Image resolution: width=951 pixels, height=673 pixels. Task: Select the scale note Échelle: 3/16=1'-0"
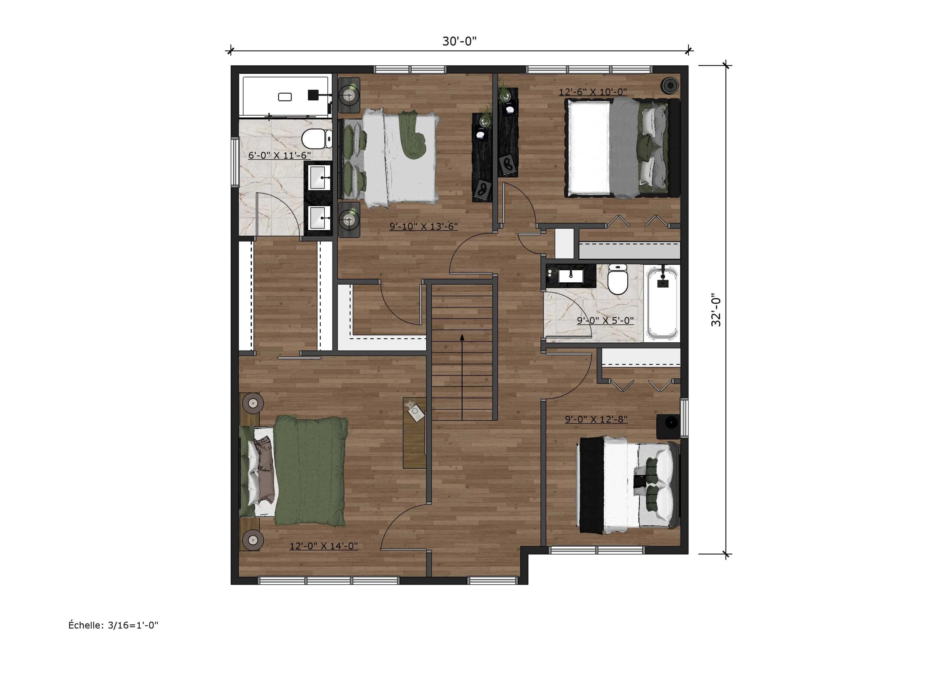point(113,625)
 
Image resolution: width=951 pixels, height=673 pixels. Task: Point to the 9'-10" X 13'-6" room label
point(423,226)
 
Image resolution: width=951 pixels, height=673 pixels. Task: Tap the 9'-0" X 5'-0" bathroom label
point(605,320)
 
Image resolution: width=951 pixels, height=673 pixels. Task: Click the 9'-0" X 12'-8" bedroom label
point(596,420)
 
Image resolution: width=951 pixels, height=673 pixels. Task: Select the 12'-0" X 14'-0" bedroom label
point(324,546)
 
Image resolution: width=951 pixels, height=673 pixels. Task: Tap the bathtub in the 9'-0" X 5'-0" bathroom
point(662,303)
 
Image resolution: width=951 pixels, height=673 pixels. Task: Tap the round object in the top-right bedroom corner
point(669,86)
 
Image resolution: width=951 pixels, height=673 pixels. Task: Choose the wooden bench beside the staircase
point(415,433)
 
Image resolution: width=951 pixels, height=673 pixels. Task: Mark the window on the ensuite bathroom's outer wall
point(235,162)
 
